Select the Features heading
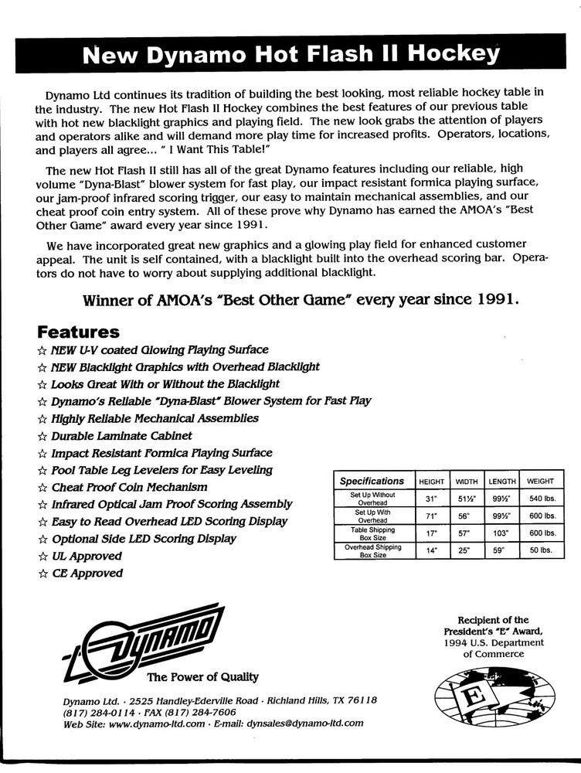coord(78,332)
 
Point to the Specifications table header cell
coord(372,481)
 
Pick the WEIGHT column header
coord(540,482)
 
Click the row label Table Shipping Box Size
coord(372,533)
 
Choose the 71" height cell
coord(431,516)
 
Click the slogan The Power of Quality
coord(203,677)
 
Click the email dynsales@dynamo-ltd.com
coord(304,724)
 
